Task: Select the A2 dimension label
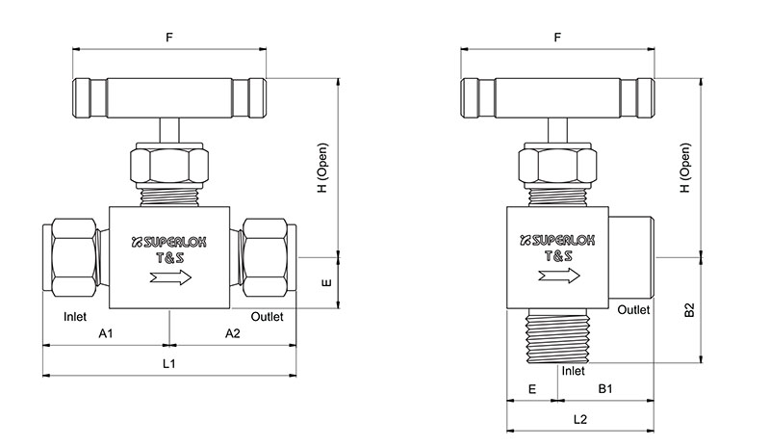tap(232, 333)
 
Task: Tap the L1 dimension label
tap(168, 364)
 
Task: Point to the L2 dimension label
tap(580, 419)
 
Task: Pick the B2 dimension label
tap(688, 310)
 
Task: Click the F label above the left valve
tap(169, 38)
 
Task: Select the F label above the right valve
tap(558, 38)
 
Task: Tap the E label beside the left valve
tap(326, 284)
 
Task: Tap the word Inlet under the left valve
tap(76, 316)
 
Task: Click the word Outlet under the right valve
tap(633, 310)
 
